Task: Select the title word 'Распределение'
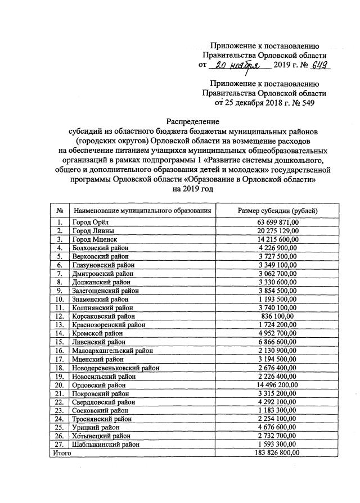[192, 121]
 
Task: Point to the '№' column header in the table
[60, 210]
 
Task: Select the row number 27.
[60, 444]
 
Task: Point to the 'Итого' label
[61, 452]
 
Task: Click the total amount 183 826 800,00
[277, 452]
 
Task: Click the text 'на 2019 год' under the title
[192, 189]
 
